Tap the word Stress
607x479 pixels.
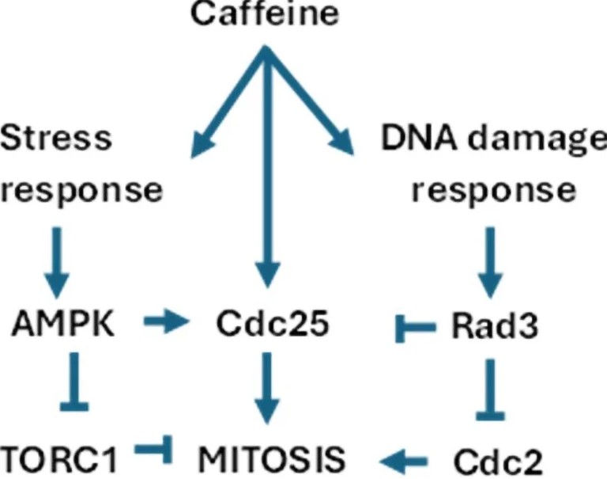pos(56,138)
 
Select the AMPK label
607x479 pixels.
pos(63,324)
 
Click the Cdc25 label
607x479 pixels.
pos(273,324)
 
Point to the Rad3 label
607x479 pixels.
pos(495,325)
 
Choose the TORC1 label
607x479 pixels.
pos(58,459)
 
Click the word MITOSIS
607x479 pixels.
pos(271,459)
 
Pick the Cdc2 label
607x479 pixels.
pos(498,461)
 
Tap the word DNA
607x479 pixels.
pos(418,138)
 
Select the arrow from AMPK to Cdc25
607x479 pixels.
pos(167,321)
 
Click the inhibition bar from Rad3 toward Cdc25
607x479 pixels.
pos(416,329)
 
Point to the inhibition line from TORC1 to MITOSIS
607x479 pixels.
pos(153,449)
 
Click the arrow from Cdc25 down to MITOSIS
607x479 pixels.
pos(267,388)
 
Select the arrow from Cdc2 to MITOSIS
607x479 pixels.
pos(403,462)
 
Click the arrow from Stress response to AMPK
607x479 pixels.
pos(57,263)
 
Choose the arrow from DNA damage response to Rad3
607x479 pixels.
pos(491,263)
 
